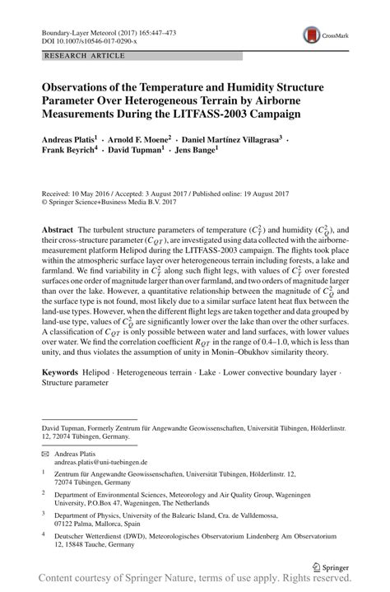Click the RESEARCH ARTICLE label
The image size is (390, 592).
point(76,56)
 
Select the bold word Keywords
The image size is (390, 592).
point(60,372)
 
